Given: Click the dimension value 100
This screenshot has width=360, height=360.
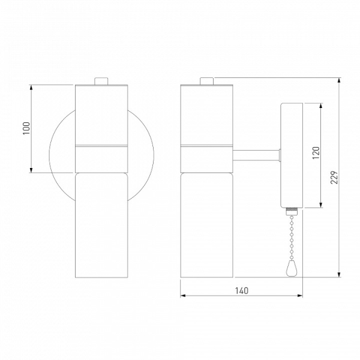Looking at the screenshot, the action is [x=26, y=128].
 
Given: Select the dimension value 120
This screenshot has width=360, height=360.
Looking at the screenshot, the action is [x=316, y=152].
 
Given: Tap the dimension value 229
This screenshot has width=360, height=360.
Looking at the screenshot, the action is [x=335, y=177].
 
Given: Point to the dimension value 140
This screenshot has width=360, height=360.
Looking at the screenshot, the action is [x=242, y=290].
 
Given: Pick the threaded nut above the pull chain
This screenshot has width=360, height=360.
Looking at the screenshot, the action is [x=292, y=211].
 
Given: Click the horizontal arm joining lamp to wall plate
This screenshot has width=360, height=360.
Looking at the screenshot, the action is [x=256, y=155].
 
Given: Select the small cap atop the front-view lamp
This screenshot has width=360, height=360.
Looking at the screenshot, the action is [x=101, y=81].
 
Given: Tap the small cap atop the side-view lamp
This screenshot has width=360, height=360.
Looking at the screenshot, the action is [x=207, y=81].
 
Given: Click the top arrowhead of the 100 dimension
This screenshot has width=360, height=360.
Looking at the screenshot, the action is [x=31, y=87].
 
